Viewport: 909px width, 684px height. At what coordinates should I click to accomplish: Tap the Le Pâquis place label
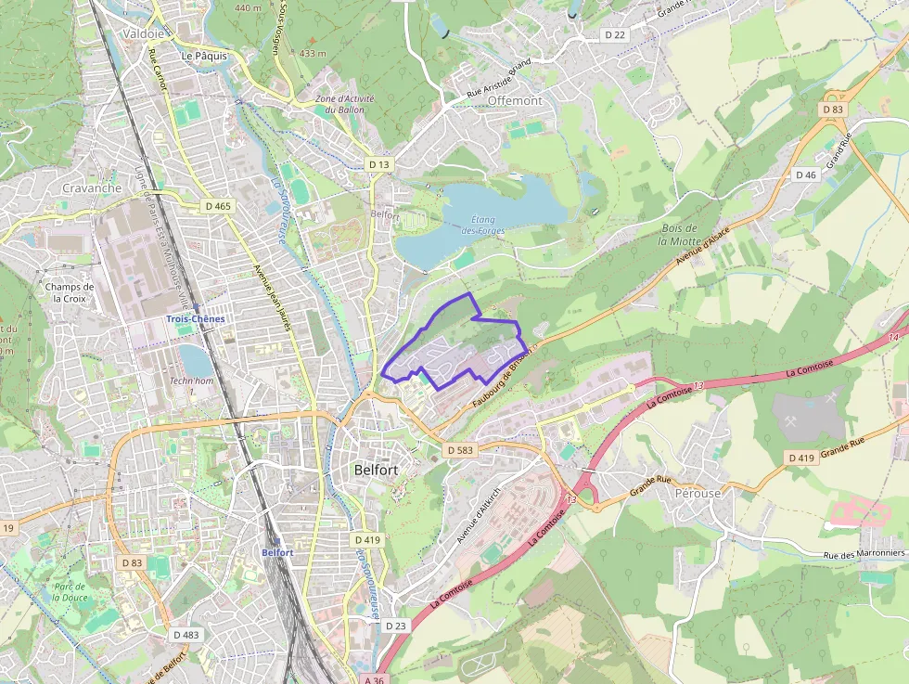tap(204, 56)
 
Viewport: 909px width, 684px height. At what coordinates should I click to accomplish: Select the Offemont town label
tap(514, 99)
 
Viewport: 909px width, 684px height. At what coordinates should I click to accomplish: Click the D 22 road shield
tap(615, 34)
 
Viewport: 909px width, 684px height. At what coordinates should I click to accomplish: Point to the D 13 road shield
tap(379, 163)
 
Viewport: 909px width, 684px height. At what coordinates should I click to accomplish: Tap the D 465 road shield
tap(218, 206)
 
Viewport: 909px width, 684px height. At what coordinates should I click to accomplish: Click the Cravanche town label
tap(92, 187)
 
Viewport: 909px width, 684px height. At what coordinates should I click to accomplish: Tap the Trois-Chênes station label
tap(195, 318)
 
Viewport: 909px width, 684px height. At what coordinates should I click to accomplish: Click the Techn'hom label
tap(191, 381)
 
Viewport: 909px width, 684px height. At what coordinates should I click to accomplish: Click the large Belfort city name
tap(376, 470)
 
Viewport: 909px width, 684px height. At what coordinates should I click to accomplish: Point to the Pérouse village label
tap(698, 493)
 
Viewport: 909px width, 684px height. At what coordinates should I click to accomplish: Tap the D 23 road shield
tap(395, 626)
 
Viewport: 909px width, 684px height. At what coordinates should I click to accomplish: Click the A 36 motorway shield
tap(374, 679)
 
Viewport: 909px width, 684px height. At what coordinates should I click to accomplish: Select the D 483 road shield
tap(186, 635)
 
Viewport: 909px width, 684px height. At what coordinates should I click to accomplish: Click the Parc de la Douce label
tap(70, 592)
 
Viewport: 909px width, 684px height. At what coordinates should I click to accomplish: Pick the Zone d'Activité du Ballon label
tap(339, 104)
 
